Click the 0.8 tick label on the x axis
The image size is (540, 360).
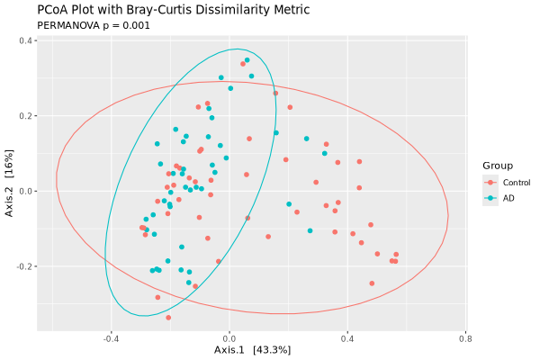tap(465, 339)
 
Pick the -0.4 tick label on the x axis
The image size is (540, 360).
tap(111, 339)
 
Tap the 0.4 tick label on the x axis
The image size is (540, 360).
tap(347, 339)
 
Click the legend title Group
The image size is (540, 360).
tap(498, 166)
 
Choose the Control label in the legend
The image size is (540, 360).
tap(517, 183)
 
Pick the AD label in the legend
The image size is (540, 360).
tap(508, 198)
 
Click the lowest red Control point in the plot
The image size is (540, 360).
tap(168, 318)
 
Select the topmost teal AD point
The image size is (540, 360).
tap(247, 60)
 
